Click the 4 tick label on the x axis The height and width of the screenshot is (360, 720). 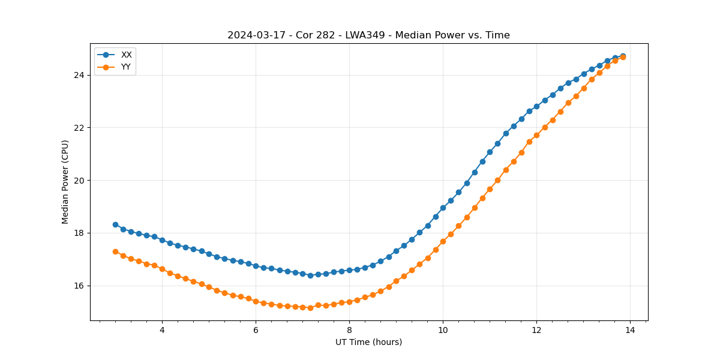click(162, 330)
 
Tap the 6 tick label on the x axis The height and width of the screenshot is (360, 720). click(256, 330)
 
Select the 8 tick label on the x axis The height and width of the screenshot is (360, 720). click(349, 330)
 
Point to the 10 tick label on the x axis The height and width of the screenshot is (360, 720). click(443, 330)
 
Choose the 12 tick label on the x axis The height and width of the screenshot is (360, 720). click(536, 330)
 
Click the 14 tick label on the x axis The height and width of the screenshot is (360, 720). click(630, 330)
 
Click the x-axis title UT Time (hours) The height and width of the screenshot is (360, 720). click(368, 342)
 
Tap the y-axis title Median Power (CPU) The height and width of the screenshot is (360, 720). click(65, 182)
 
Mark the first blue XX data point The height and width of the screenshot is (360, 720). click(115, 224)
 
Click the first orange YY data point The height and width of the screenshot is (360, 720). click(115, 251)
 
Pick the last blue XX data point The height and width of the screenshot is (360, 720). click(623, 56)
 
